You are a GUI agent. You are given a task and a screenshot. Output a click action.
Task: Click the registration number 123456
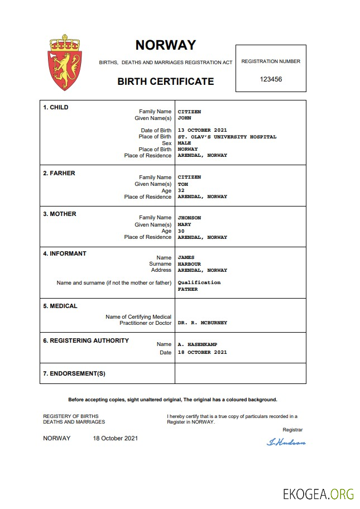pos(271,79)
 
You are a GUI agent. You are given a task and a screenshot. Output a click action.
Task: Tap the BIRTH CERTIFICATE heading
pos(165,81)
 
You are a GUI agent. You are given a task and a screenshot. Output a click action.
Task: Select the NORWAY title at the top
pos(166,45)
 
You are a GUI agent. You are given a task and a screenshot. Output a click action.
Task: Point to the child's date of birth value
pos(202,130)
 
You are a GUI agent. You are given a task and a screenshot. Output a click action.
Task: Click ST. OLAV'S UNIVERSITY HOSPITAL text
pos(227,137)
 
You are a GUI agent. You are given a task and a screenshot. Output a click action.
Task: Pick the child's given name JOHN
pos(184,118)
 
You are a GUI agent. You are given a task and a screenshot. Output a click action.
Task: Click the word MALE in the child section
pos(184,143)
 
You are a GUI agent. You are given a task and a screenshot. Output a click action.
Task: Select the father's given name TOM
pos(183,184)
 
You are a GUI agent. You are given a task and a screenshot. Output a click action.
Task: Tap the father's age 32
pos(181,190)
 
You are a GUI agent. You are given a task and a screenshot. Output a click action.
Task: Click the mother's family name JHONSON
pos(189,218)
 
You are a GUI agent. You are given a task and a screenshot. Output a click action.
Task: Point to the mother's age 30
pos(181,231)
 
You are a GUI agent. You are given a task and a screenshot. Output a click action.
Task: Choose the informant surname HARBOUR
pos(189,264)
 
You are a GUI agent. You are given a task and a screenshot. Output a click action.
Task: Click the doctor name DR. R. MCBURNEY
pos(202,323)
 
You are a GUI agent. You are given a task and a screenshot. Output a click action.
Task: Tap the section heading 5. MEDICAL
pos(60,306)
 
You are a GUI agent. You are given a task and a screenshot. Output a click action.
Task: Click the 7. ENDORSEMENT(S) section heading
pos(74,373)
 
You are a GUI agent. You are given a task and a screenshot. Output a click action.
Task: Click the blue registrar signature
pos(286,443)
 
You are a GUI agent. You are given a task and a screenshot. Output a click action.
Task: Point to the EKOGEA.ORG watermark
pos(318,493)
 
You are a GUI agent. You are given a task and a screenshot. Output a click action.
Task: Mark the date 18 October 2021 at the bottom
pos(115,438)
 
